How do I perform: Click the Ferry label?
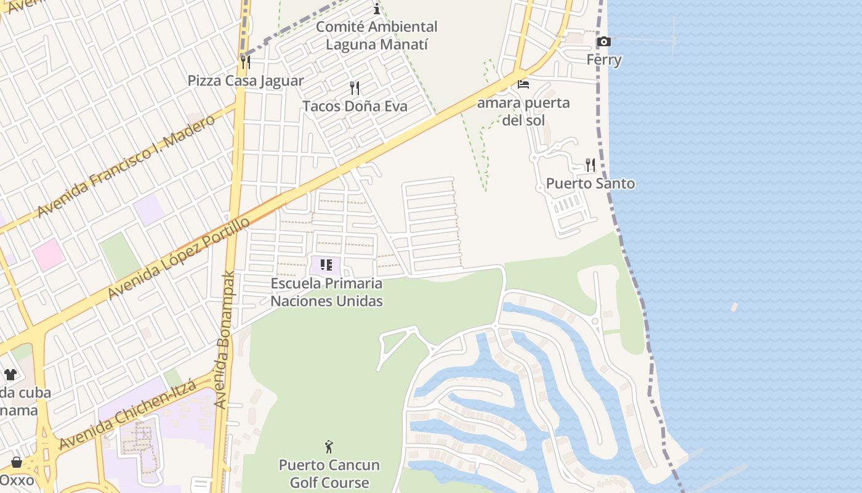(x=603, y=60)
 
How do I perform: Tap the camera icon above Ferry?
(x=603, y=42)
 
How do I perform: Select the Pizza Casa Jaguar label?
(x=246, y=81)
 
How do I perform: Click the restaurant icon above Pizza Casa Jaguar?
(x=245, y=62)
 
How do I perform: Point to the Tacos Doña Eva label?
(x=355, y=106)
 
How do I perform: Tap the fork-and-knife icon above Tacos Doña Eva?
(x=354, y=88)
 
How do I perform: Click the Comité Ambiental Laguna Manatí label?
(x=377, y=36)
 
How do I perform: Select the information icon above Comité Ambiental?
(x=377, y=9)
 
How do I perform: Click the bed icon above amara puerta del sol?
(x=523, y=84)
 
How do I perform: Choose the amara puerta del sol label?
(x=523, y=111)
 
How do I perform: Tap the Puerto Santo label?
(x=590, y=184)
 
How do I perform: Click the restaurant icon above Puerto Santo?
(x=590, y=165)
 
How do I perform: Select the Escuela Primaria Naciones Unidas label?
(x=326, y=292)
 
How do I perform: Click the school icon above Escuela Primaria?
(x=326, y=265)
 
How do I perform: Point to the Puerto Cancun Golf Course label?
(x=329, y=473)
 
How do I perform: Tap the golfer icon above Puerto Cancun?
(x=329, y=446)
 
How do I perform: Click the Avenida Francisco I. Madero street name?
(x=126, y=165)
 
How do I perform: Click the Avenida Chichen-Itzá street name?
(x=127, y=414)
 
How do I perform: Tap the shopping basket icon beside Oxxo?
(x=16, y=462)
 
